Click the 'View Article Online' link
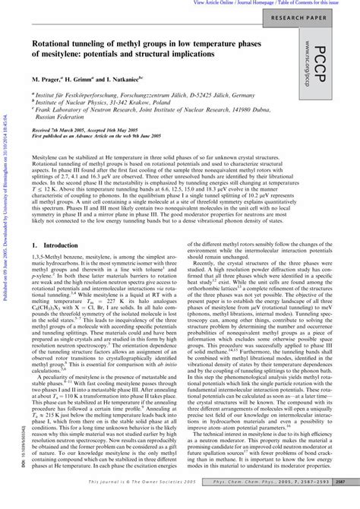click(216, 3)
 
